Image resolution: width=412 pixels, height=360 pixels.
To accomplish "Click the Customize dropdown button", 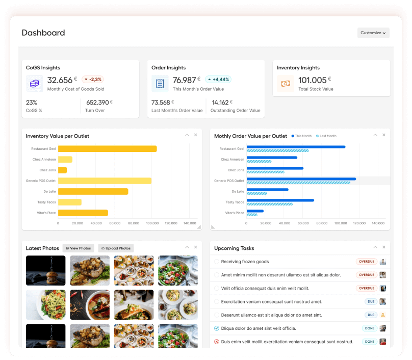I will pos(373,33).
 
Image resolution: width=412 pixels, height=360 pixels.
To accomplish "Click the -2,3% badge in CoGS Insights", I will pos(92,80).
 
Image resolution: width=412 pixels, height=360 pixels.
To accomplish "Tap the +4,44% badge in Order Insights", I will pos(218,80).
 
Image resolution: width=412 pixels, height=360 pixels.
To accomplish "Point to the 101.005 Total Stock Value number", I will pos(312,80).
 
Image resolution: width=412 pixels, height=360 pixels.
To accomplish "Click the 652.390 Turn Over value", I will pos(97,102).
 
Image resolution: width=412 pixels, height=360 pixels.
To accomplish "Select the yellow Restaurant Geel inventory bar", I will pos(107,149).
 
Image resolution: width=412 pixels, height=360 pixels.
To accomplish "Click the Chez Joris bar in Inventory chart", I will pos(62,170).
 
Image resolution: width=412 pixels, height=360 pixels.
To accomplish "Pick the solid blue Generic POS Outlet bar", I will pos(301,179).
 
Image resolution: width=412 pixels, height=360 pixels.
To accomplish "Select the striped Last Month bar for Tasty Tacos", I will pos(269,204).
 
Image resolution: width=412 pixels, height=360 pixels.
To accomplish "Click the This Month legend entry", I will pos(301,136).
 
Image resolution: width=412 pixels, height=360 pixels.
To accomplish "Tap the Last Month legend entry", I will pos(326,136).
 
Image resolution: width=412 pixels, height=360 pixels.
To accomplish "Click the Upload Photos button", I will pos(116,248).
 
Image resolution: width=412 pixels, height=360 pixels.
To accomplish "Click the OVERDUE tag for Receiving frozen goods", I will pos(366,262).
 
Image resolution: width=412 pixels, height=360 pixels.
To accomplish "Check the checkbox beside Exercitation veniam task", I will pos(217,302).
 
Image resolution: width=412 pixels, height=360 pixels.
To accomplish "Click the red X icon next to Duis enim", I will pos(217,342).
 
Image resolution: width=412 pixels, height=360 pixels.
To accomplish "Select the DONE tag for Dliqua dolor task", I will pos(369,328).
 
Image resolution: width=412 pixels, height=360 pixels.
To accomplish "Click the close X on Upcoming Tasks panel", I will pos(384,247).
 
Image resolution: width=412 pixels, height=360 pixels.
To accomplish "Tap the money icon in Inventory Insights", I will pos(286,84).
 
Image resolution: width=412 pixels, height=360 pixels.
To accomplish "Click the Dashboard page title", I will pos(43,33).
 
